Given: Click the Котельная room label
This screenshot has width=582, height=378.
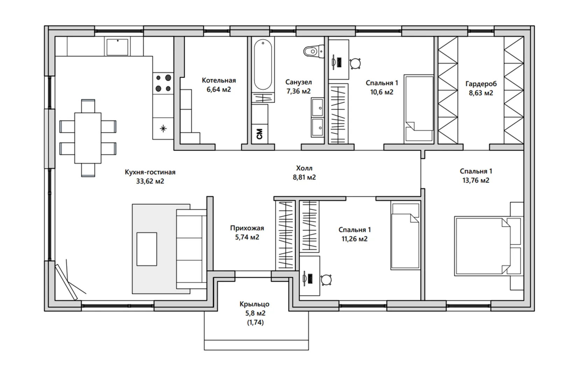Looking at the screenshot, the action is pos(219,80).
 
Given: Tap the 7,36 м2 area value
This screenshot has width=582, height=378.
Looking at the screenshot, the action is pos(299,91).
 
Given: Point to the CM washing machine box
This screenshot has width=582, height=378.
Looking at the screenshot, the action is pos(260,134).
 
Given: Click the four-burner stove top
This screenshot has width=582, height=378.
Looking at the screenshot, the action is pos(163,83).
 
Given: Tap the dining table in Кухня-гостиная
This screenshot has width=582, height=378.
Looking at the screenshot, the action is pos(88,138).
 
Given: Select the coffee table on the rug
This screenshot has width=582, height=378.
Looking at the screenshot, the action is pos(147,249).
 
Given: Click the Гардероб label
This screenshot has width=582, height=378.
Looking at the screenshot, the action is pos(481,84).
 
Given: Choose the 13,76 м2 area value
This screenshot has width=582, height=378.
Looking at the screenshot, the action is pos(476,180).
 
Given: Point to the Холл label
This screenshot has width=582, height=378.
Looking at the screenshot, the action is pos(304,168).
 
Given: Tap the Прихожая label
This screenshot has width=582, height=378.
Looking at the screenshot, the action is pos(247,228).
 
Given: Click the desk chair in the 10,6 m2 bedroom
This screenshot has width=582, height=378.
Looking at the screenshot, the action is pos(355,63).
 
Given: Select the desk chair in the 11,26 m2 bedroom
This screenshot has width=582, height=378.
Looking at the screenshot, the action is pos(326,280).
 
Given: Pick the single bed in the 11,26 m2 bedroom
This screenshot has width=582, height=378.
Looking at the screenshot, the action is pos(405,236).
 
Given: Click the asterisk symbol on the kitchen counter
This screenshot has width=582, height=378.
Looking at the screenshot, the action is pos(163,128).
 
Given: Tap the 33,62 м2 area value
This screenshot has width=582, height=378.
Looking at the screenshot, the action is pos(150,181).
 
